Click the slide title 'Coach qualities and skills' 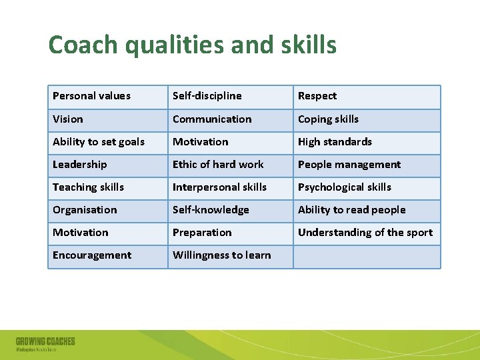(192, 45)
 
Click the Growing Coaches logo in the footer (45, 344)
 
